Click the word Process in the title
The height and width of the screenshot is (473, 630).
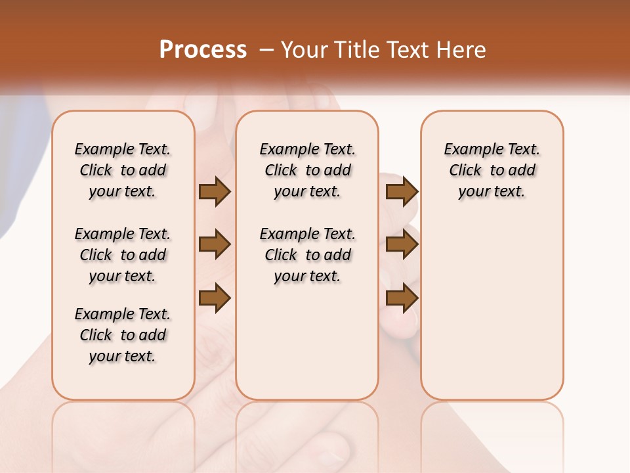(x=203, y=50)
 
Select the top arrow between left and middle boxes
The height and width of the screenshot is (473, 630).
(x=215, y=191)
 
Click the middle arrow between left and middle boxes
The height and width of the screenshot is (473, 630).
(x=215, y=244)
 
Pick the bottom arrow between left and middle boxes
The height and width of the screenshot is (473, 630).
(x=215, y=298)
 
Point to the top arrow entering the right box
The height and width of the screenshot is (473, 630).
(x=402, y=191)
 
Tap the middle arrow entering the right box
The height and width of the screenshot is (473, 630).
(x=402, y=244)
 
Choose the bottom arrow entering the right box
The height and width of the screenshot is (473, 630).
(x=402, y=298)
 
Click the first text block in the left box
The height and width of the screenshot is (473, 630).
(x=123, y=170)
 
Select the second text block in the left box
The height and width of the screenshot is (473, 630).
(x=123, y=255)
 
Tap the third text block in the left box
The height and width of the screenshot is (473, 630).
(x=123, y=335)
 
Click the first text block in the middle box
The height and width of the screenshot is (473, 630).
(x=307, y=170)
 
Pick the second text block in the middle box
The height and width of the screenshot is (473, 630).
(x=307, y=255)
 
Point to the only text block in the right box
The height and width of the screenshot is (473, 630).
(x=492, y=170)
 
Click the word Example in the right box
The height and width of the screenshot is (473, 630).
(x=470, y=150)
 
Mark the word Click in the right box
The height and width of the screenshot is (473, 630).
(x=465, y=171)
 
